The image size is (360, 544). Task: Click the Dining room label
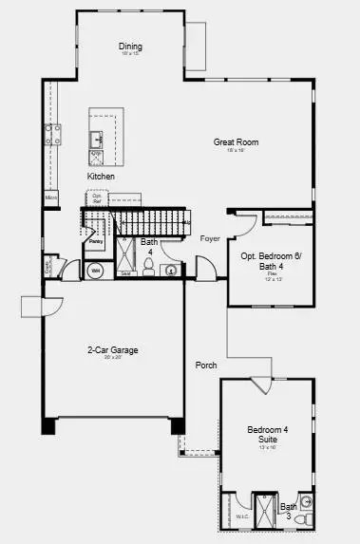coord(130,47)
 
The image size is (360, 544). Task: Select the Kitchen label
coord(102,177)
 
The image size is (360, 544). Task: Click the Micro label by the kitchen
coord(50,197)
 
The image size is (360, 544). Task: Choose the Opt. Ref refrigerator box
coord(97,198)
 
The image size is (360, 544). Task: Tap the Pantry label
coord(96,241)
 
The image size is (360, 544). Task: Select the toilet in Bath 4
coord(150,265)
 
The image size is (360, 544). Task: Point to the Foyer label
coord(210,238)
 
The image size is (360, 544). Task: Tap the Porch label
coord(206,366)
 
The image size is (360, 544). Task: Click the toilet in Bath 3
coord(305,501)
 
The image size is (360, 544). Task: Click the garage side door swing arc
coord(32,308)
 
